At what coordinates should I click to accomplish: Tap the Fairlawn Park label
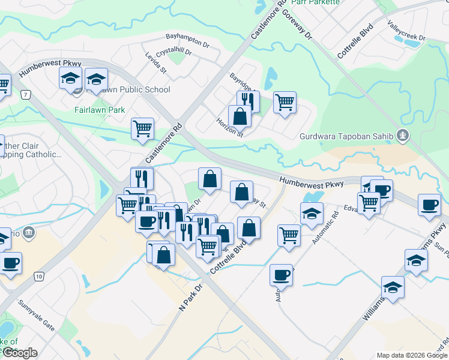click(100, 110)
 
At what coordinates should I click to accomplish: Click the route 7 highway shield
click(25, 95)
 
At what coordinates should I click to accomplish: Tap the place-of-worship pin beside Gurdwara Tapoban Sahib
click(403, 136)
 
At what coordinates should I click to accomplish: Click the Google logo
click(20, 353)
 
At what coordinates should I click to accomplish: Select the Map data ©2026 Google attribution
click(412, 355)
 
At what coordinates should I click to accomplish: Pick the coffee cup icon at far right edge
click(429, 205)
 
